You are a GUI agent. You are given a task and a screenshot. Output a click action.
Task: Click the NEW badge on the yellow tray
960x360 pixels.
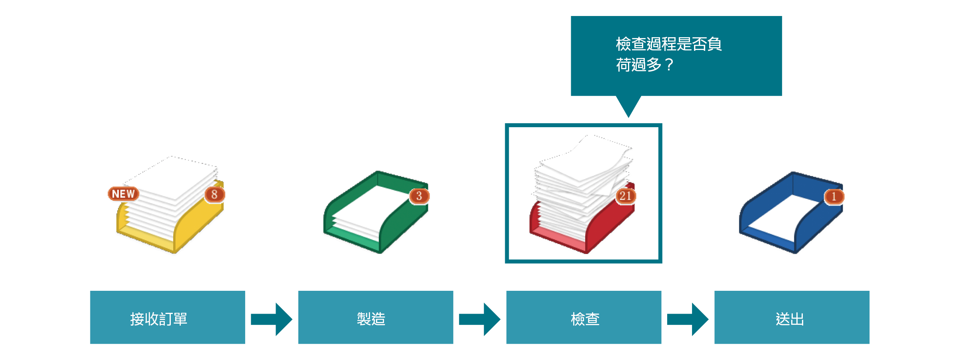pyautogui.click(x=123, y=194)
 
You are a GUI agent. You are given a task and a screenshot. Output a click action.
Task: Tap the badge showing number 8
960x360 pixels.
pyautogui.click(x=214, y=194)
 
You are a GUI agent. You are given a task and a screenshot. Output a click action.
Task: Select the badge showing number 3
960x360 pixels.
pyautogui.click(x=419, y=196)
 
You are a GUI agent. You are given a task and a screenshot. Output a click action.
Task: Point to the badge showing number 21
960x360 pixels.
pyautogui.click(x=625, y=196)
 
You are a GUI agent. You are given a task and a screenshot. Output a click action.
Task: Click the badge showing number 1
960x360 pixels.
pyautogui.click(x=834, y=196)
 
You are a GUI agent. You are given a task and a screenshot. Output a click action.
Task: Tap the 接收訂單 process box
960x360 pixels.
pyautogui.click(x=167, y=317)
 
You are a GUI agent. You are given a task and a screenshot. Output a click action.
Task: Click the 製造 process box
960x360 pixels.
pyautogui.click(x=375, y=317)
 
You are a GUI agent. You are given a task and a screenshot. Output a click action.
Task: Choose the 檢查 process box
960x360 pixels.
pyautogui.click(x=584, y=317)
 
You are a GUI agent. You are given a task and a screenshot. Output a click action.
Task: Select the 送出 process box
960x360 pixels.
pyautogui.click(x=792, y=317)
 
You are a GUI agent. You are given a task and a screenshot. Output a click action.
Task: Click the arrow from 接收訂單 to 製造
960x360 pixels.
pyautogui.click(x=272, y=319)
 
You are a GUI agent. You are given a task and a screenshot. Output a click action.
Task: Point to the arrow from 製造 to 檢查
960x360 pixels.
pyautogui.click(x=480, y=319)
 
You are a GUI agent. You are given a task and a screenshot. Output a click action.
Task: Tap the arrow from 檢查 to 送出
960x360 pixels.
pyautogui.click(x=688, y=319)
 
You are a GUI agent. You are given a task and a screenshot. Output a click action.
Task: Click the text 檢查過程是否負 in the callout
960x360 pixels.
pyautogui.click(x=668, y=44)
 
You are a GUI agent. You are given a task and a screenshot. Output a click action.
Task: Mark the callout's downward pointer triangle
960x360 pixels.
pyautogui.click(x=628, y=105)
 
